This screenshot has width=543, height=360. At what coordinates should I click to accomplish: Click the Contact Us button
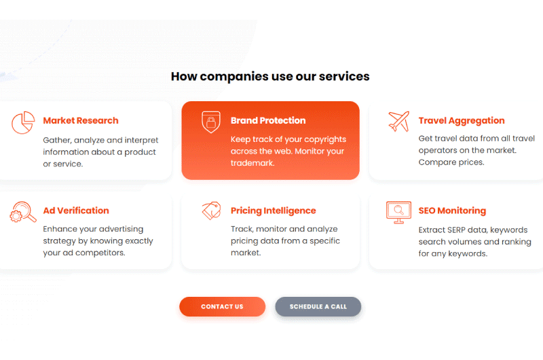click(x=223, y=306)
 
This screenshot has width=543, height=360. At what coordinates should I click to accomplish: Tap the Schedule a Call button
click(x=318, y=306)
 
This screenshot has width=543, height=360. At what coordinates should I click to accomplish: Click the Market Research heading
click(x=81, y=121)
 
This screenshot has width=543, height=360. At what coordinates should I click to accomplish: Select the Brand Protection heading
click(x=268, y=121)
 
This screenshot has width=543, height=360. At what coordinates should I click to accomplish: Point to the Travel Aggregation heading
click(x=462, y=121)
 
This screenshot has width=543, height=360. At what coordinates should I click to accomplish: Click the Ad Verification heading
click(x=76, y=211)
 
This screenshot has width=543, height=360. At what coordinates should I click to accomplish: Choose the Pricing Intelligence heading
click(x=274, y=211)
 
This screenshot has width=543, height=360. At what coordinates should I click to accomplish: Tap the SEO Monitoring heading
click(x=452, y=211)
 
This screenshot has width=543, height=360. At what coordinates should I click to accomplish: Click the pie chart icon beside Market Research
click(x=23, y=122)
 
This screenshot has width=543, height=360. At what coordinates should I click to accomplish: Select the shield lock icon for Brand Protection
click(x=211, y=122)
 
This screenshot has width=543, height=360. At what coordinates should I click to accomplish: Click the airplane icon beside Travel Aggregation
click(x=399, y=122)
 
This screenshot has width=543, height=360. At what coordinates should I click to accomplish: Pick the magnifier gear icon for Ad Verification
click(x=23, y=212)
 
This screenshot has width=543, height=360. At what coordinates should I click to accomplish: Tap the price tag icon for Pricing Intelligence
click(x=212, y=211)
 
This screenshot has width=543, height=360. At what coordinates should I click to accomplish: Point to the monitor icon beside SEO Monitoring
click(x=398, y=213)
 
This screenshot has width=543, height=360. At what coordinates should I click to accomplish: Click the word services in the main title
click(x=344, y=77)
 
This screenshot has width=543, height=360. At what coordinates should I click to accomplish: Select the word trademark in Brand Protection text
click(x=252, y=163)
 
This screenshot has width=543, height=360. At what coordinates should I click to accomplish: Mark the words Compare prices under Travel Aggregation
click(x=451, y=162)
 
